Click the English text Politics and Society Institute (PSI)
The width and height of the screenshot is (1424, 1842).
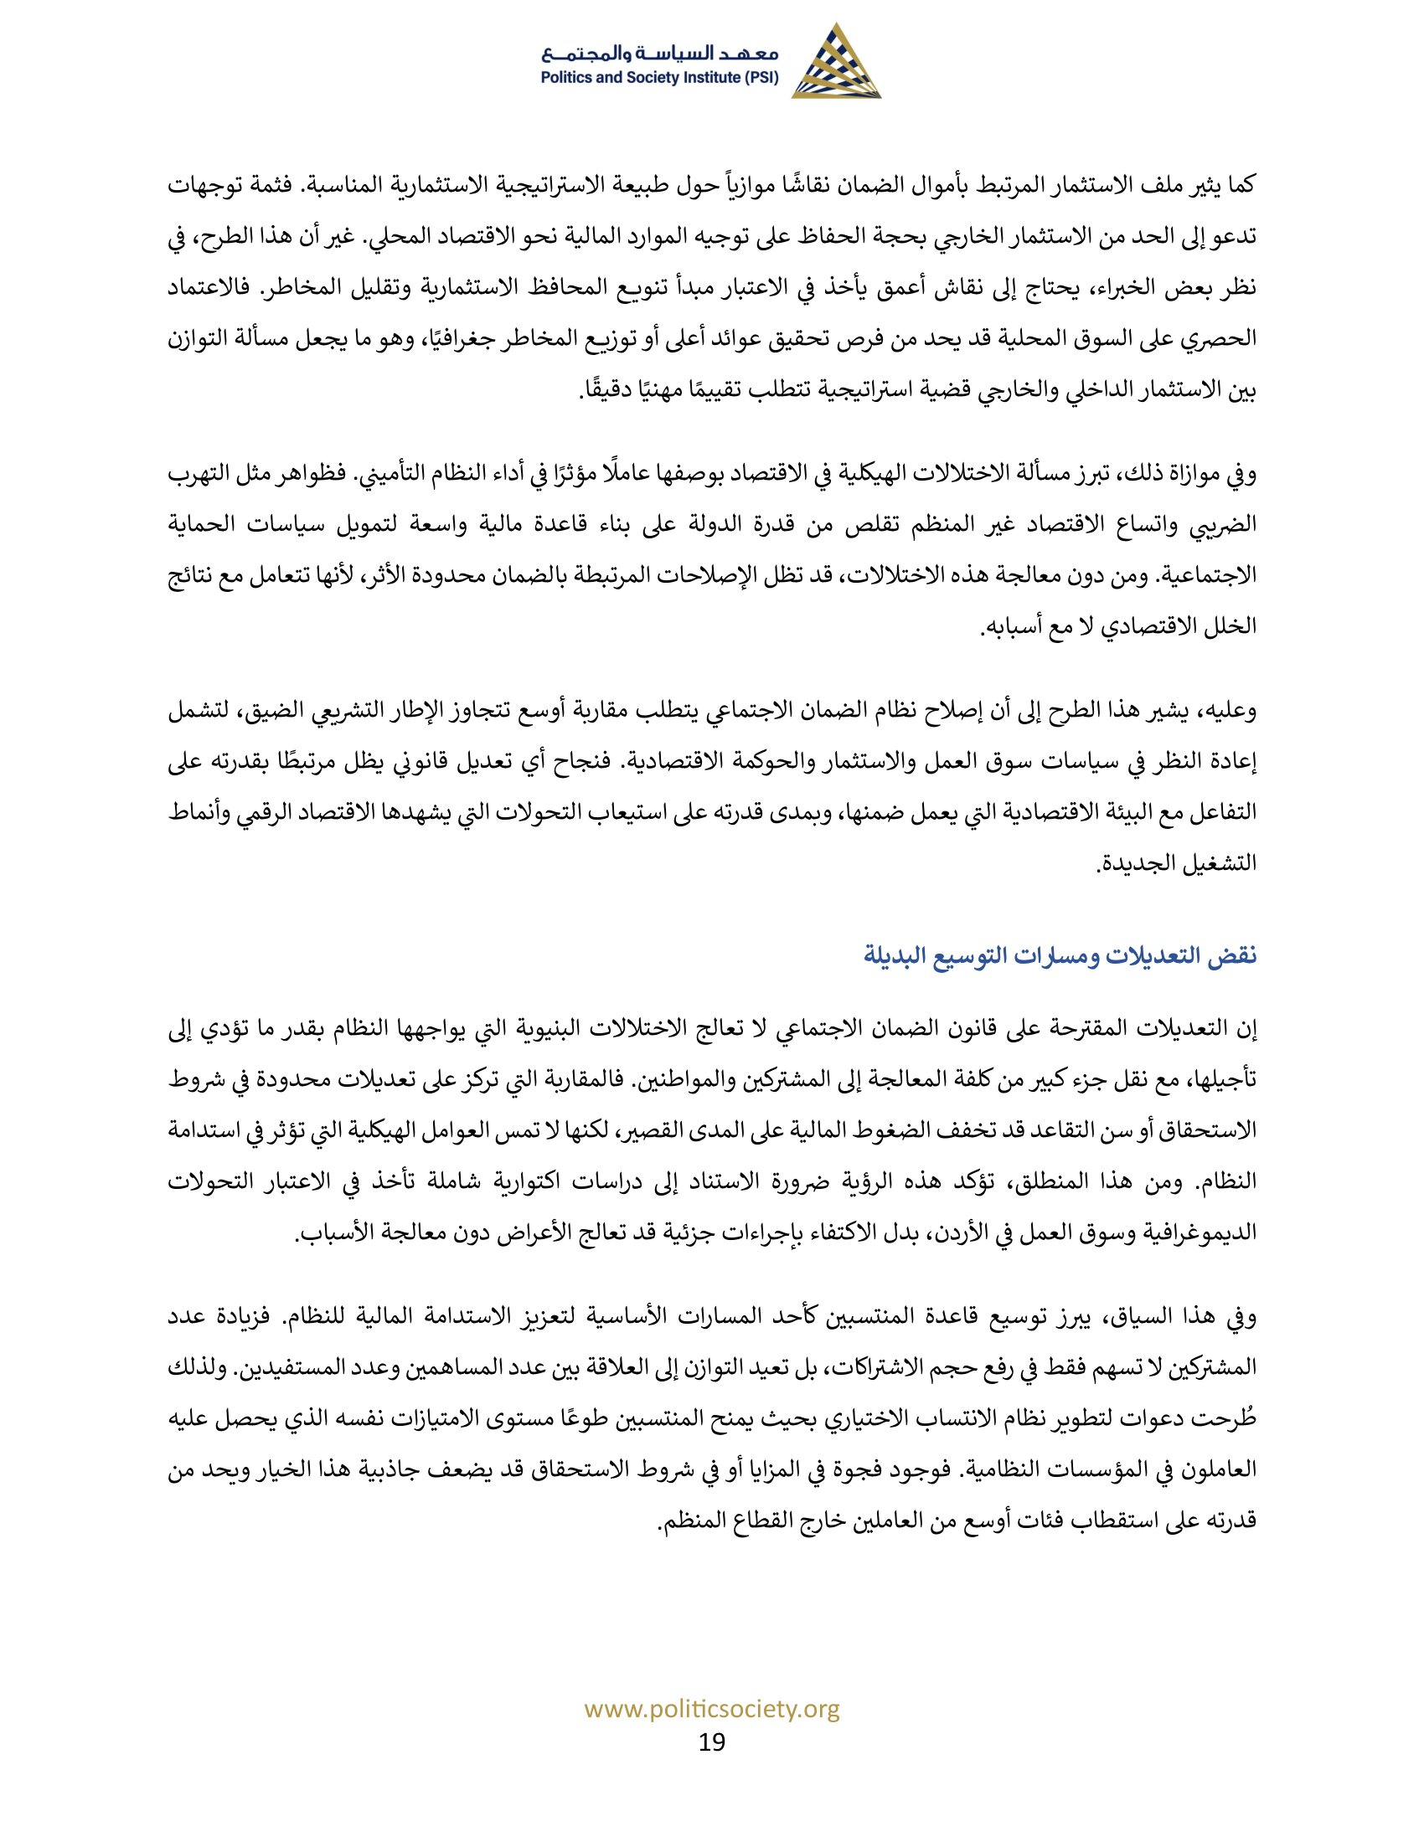coord(660,79)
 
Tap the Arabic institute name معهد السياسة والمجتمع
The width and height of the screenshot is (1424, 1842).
coord(661,54)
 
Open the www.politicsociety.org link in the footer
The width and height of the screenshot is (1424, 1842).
coord(712,1710)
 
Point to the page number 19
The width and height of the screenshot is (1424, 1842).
coord(712,1741)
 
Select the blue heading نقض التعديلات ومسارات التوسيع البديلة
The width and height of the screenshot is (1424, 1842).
coord(1060,956)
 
